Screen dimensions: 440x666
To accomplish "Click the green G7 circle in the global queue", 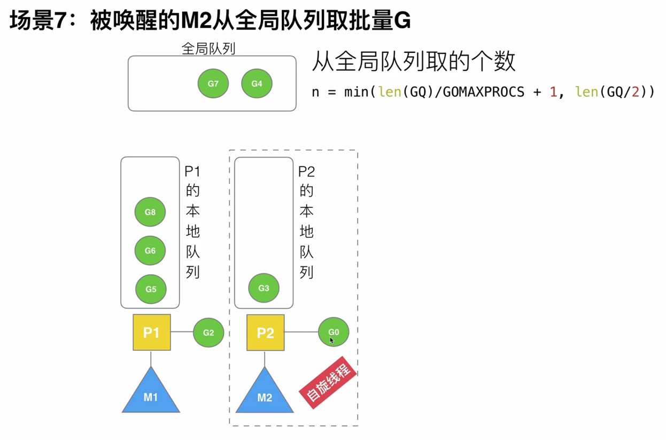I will pyautogui.click(x=213, y=83).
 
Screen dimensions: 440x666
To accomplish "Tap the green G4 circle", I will pyautogui.click(x=257, y=83).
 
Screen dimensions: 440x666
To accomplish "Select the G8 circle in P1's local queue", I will pyautogui.click(x=150, y=212).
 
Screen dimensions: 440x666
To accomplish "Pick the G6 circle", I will pyautogui.click(x=150, y=250).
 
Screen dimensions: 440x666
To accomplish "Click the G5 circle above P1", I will pyautogui.click(x=151, y=289).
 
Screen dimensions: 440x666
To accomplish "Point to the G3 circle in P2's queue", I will pyautogui.click(x=264, y=288).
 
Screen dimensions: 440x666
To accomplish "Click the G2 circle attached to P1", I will pyautogui.click(x=208, y=333).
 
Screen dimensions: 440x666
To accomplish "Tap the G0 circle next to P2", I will pyautogui.click(x=334, y=331).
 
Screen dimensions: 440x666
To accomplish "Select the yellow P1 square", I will pyautogui.click(x=152, y=333).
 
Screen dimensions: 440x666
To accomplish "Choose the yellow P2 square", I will pyautogui.click(x=265, y=333).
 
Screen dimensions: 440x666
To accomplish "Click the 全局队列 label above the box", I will pyautogui.click(x=208, y=49).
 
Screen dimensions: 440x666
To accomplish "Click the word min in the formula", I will pyautogui.click(x=356, y=92).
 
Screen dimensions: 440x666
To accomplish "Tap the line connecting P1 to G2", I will pyautogui.click(x=182, y=331).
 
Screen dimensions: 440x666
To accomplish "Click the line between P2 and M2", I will pyautogui.click(x=265, y=359).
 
